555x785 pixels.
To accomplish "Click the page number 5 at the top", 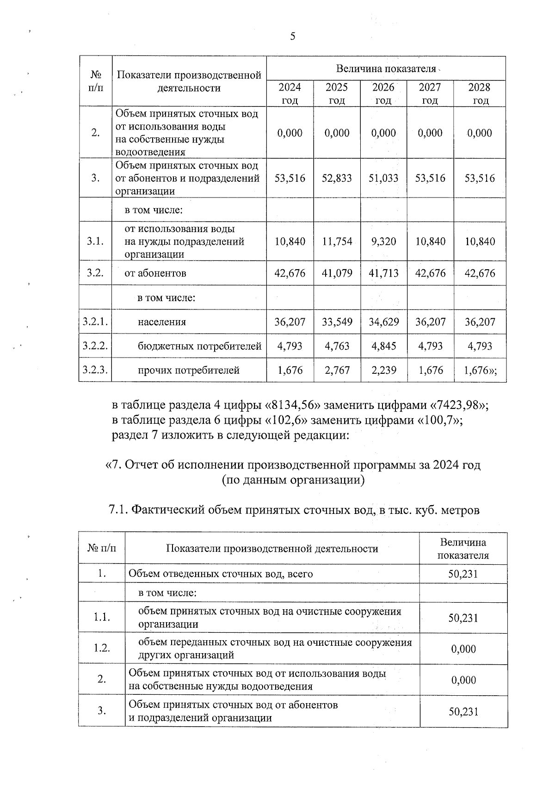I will point(292,37).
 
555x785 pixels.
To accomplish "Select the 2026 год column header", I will point(383,93).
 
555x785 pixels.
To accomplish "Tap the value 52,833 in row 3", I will point(337,178).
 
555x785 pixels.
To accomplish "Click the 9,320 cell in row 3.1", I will point(383,241).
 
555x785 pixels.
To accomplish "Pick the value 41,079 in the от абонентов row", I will point(337,273).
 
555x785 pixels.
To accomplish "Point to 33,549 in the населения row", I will point(337,322).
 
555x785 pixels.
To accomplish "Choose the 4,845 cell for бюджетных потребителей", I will point(383,346).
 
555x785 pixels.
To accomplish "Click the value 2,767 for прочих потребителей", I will point(337,370).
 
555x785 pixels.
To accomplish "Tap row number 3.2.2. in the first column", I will point(95,346).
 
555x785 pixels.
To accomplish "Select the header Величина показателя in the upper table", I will point(386,69).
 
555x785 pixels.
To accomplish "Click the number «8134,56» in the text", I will point(293,405).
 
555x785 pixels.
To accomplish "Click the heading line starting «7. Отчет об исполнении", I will point(293,465).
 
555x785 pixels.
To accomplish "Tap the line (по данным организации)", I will point(293,480).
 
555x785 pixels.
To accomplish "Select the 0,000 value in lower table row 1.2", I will point(463,649).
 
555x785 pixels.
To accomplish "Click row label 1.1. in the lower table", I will point(102,618).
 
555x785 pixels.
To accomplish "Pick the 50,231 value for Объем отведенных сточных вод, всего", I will point(463,574).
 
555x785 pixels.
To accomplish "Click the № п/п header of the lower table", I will point(102,548).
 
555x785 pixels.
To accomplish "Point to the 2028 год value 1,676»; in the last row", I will point(481,370).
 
